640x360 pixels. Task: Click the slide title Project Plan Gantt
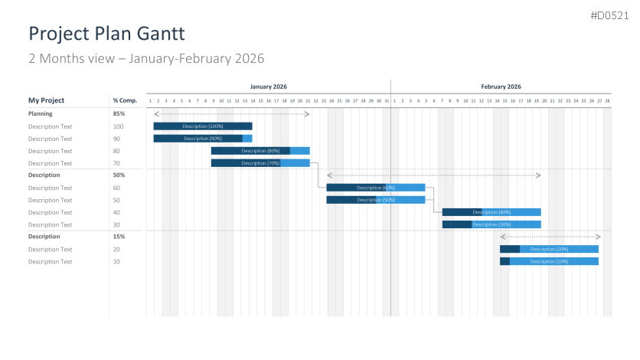click(x=106, y=34)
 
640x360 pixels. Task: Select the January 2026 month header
click(x=268, y=87)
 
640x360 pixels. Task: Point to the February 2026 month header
click(x=501, y=87)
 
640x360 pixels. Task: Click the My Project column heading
click(x=47, y=100)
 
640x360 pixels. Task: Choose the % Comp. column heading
click(x=125, y=100)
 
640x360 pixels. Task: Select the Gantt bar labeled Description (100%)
click(x=203, y=126)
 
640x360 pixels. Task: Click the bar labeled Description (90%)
click(x=203, y=139)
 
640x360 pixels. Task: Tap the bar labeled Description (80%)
click(x=260, y=151)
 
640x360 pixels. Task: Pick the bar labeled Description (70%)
click(x=260, y=163)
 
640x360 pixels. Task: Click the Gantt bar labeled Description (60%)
click(x=375, y=188)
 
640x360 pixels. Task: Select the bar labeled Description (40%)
click(x=491, y=212)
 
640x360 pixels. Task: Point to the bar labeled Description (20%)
click(x=549, y=249)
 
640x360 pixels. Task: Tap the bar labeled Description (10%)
click(x=549, y=261)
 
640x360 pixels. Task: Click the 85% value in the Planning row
click(x=119, y=113)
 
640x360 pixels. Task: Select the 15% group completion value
click(x=119, y=237)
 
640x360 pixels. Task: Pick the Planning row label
click(x=41, y=113)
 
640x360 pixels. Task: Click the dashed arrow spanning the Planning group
click(x=231, y=114)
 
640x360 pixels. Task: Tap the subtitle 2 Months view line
click(x=146, y=58)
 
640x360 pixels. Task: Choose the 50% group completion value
click(x=119, y=175)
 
